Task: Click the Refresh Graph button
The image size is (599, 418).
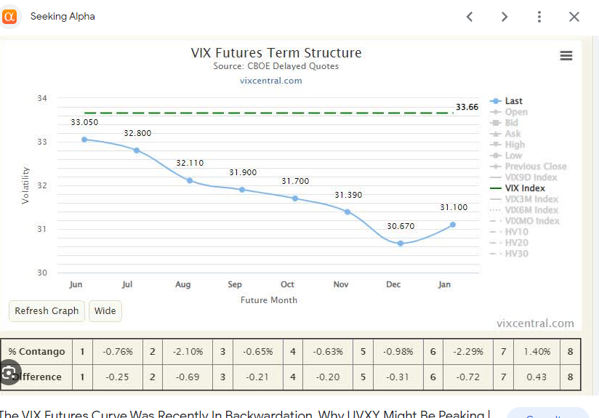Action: [x=47, y=311]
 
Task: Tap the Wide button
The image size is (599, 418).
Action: [x=105, y=311]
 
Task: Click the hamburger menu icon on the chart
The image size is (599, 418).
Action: [x=566, y=56]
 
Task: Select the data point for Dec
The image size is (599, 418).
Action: [x=401, y=244]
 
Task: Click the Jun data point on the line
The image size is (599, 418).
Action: [x=84, y=140]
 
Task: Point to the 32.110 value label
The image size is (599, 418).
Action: [x=190, y=164]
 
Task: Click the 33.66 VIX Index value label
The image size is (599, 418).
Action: [x=467, y=108]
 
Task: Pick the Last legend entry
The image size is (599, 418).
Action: [x=513, y=101]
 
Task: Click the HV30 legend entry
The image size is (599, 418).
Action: [x=516, y=254]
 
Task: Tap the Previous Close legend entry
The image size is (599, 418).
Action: [x=535, y=166]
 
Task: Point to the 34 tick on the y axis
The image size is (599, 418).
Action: [x=41, y=98]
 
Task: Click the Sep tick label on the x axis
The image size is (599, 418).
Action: [x=235, y=285]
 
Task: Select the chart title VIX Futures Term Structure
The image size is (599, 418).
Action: [x=276, y=53]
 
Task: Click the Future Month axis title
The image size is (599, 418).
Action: [x=269, y=300]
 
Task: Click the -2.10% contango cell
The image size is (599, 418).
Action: [x=189, y=352]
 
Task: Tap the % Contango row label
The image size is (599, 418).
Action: [x=37, y=352]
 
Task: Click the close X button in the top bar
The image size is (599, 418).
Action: [x=574, y=17]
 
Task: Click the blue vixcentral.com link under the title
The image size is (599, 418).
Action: [x=270, y=81]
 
